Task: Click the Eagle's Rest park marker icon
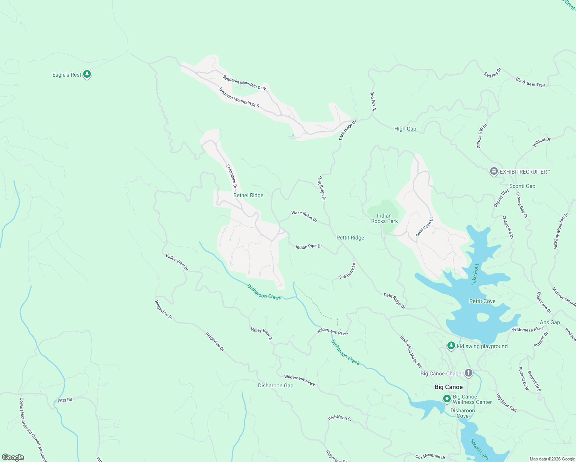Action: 87,74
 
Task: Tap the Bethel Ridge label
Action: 248,195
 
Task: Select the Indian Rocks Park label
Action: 384,218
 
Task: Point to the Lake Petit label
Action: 475,274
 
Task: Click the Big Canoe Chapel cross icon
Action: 468,373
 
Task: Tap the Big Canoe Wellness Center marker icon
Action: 447,399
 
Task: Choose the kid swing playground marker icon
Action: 451,346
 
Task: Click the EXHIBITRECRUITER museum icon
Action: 494,171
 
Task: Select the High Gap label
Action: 405,129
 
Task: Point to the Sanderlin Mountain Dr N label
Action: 244,82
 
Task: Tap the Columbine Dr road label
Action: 231,177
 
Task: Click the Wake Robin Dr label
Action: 304,216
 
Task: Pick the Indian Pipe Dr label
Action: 309,246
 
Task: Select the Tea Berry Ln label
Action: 347,271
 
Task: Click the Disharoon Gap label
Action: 276,385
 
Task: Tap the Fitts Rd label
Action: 65,400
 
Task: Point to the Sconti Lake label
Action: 479,449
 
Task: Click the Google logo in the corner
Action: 13,457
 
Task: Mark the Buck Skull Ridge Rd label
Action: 411,352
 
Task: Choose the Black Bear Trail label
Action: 530,82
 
